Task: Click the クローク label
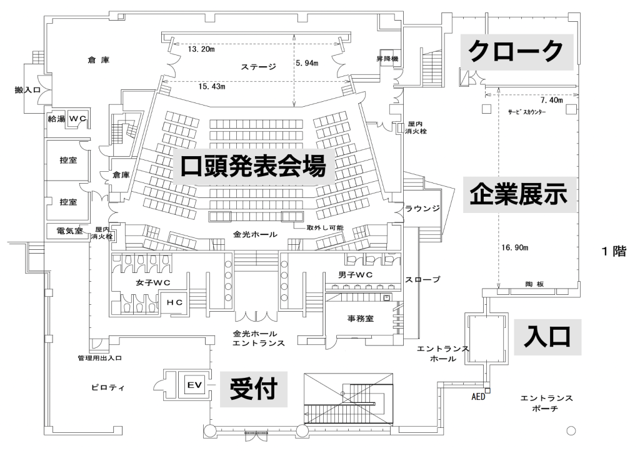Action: click(517, 51)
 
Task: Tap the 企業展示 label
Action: click(519, 194)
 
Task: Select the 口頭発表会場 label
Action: click(254, 166)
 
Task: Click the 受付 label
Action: click(254, 389)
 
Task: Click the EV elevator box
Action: click(195, 385)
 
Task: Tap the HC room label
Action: click(174, 302)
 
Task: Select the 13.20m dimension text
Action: click(201, 49)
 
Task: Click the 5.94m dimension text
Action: click(307, 63)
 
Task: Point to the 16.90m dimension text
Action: click(515, 247)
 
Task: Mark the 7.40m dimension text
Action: click(552, 100)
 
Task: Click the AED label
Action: click(478, 397)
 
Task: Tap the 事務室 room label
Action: click(361, 319)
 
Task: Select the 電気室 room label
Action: click(70, 230)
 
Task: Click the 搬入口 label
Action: click(27, 90)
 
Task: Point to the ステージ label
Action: click(258, 66)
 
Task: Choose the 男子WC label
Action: click(356, 275)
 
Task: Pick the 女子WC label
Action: click(153, 282)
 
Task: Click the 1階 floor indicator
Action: click(614, 251)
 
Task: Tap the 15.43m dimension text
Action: click(212, 86)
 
